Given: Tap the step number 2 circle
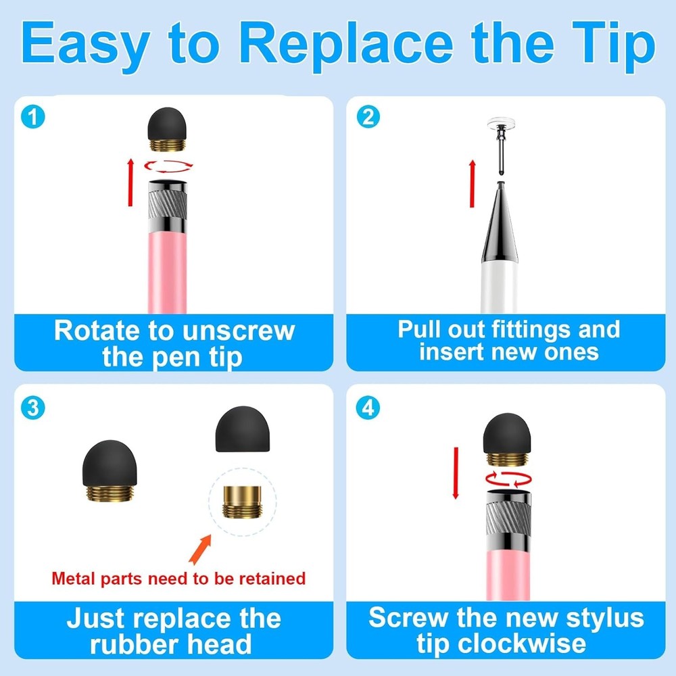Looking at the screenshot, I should [368, 118].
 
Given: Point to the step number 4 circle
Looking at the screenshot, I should [368, 408].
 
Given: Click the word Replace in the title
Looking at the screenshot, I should [346, 44].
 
